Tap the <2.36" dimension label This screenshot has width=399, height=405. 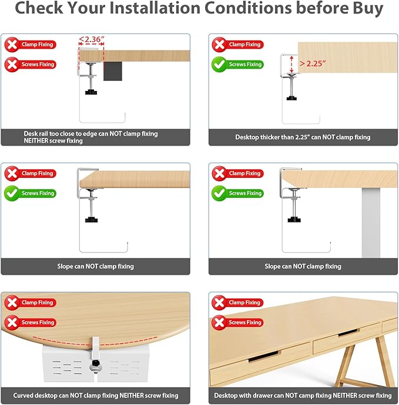pyautogui.click(x=91, y=39)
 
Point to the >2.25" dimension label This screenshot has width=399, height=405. pyautogui.click(x=313, y=63)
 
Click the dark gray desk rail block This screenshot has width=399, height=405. pyautogui.click(x=112, y=71)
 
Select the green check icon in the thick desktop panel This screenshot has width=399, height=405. pyautogui.click(x=219, y=65)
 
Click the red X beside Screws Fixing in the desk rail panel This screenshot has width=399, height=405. pyautogui.click(x=12, y=65)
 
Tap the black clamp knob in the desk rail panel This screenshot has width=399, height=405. pyautogui.click(x=91, y=92)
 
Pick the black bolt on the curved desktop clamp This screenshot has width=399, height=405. pyautogui.click(x=96, y=363)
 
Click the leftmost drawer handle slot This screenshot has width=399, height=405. pyautogui.click(x=264, y=356)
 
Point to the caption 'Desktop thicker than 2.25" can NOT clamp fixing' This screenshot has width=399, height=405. pyautogui.click(x=303, y=137)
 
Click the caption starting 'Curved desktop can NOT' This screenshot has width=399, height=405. pyautogui.click(x=96, y=396)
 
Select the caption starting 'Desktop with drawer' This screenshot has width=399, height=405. pyautogui.click(x=303, y=396)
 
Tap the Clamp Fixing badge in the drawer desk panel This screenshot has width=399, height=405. pyautogui.click(x=237, y=302)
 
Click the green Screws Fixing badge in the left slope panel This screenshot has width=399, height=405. pyautogui.click(x=30, y=193)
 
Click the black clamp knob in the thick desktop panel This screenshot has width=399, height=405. pyautogui.click(x=291, y=98)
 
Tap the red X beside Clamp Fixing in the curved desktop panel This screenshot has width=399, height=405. pyautogui.click(x=12, y=302)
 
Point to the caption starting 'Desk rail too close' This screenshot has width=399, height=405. pyautogui.click(x=90, y=137)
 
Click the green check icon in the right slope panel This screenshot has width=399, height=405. pyautogui.click(x=219, y=193)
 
